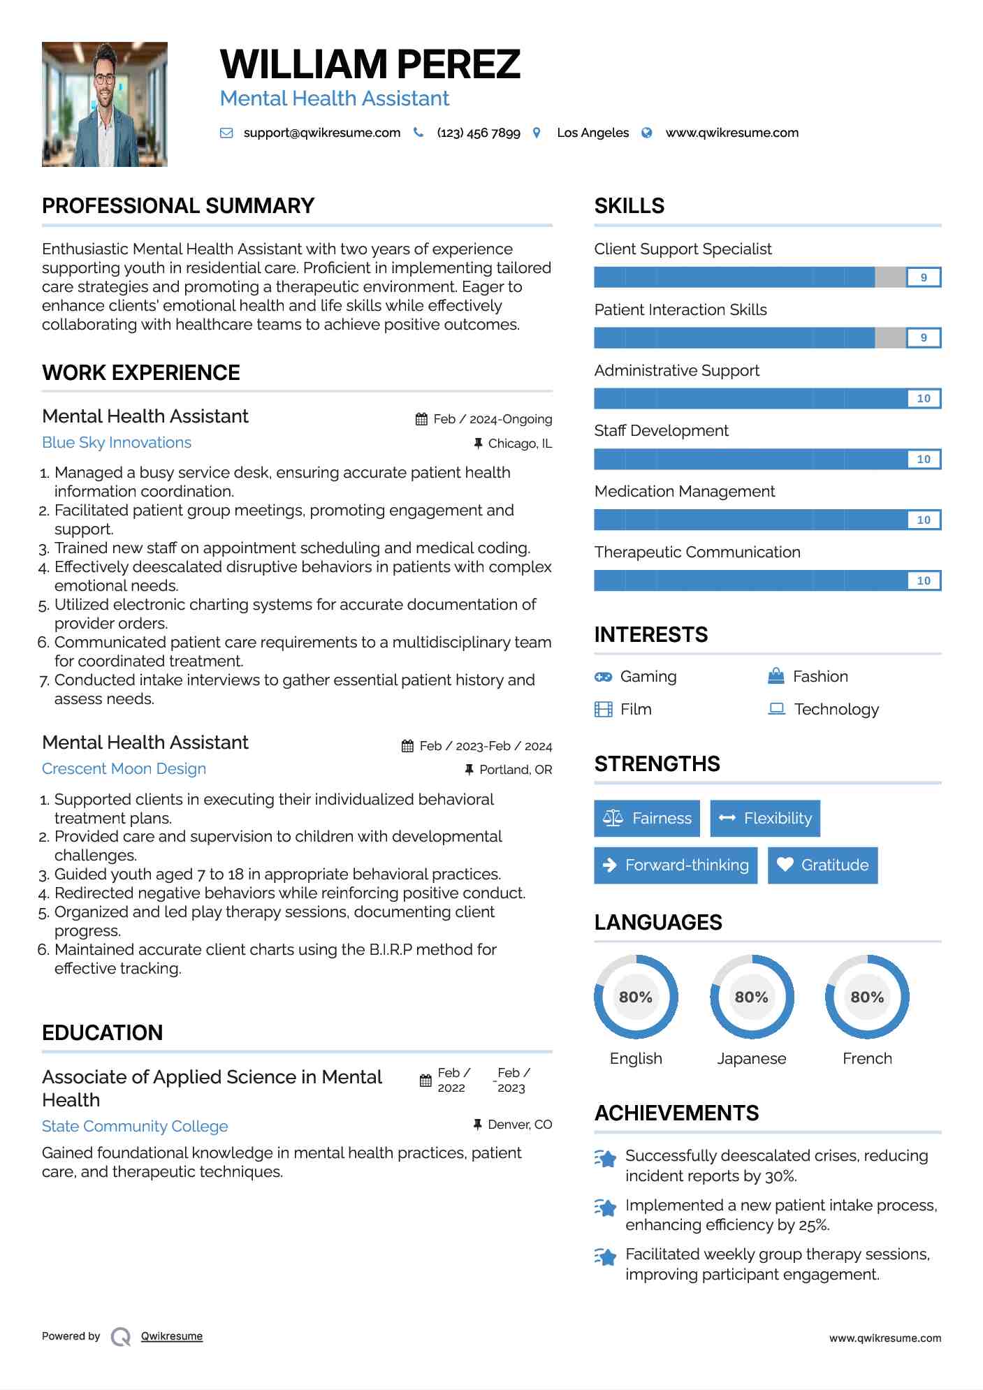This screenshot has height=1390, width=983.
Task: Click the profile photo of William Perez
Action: tap(105, 104)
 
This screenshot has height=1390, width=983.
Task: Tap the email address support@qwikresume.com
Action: tap(321, 133)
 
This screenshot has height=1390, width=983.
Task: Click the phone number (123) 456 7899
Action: tap(479, 133)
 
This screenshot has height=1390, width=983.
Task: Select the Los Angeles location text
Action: tap(592, 133)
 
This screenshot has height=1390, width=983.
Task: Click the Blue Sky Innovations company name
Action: tap(117, 442)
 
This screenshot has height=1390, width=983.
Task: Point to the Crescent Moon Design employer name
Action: tap(124, 768)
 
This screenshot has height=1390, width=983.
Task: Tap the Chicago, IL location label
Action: tap(520, 444)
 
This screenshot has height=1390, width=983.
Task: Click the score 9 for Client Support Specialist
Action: tap(924, 277)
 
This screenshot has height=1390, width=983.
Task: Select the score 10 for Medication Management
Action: tap(924, 520)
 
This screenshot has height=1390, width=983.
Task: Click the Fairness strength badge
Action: tap(647, 818)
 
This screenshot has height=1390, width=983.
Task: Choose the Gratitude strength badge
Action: tap(822, 865)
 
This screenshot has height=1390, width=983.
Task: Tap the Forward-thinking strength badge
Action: tap(676, 865)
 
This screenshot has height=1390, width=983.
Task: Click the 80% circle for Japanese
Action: tap(752, 997)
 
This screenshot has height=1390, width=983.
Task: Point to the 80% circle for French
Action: tap(867, 997)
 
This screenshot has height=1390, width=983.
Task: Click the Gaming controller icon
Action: tap(603, 677)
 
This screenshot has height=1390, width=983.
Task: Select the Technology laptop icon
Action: tap(776, 709)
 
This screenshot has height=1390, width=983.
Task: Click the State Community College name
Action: tap(135, 1126)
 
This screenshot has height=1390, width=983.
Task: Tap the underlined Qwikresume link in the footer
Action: tap(172, 1336)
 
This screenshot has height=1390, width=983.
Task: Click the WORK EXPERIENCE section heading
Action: tap(141, 373)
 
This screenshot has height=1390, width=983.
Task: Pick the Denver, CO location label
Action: tap(520, 1125)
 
